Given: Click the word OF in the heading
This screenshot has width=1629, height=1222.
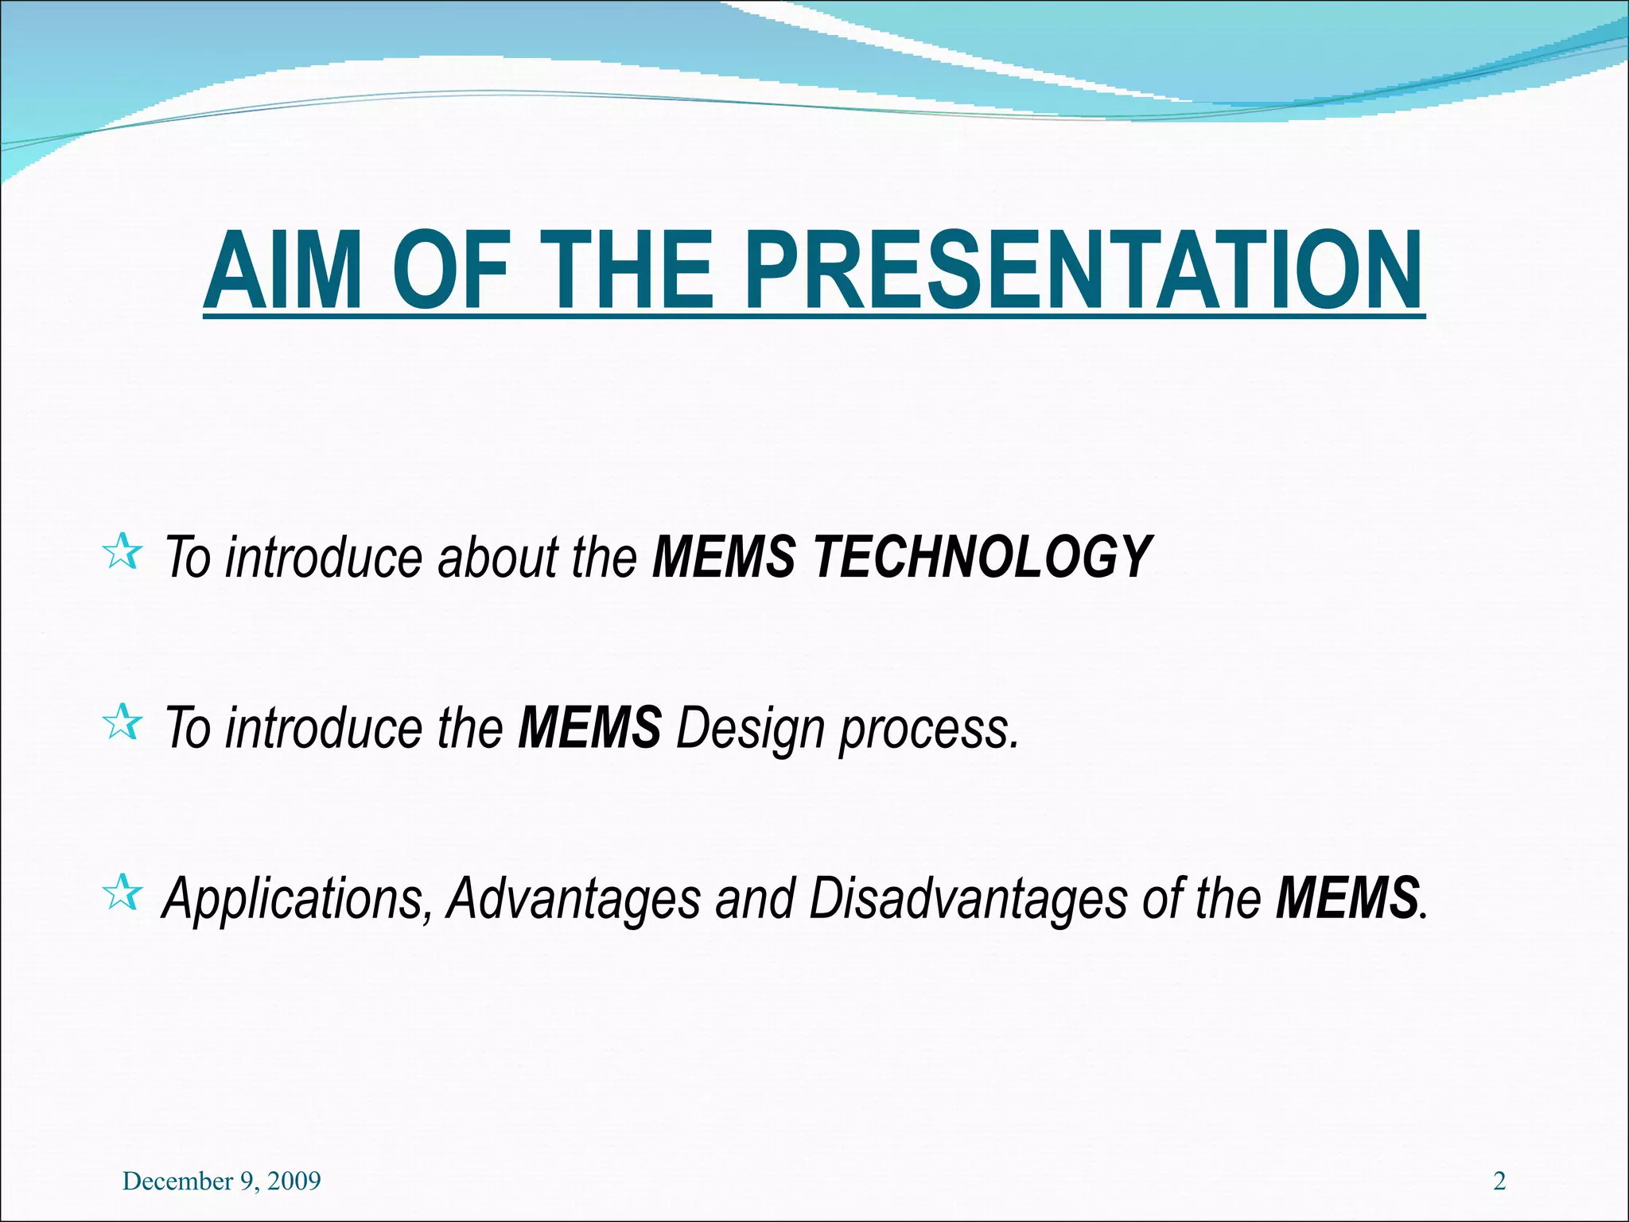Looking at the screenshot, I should click(451, 270).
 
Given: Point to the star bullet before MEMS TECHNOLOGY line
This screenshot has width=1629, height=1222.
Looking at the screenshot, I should click(122, 552).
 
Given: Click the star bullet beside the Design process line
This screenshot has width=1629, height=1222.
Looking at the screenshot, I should click(122, 722).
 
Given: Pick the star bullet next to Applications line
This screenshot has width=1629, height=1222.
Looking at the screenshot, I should click(122, 893).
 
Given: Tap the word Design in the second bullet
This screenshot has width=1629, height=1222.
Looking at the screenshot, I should click(750, 728).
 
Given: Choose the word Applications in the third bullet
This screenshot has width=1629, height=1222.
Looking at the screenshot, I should click(297, 899).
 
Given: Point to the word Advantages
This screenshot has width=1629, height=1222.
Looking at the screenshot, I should click(573, 899).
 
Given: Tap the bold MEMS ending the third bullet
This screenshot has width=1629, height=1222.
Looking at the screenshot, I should click(1347, 897).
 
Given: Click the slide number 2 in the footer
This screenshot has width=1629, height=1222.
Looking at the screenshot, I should click(1499, 1181).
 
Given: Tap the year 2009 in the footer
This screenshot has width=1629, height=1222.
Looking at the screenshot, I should click(294, 1181).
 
